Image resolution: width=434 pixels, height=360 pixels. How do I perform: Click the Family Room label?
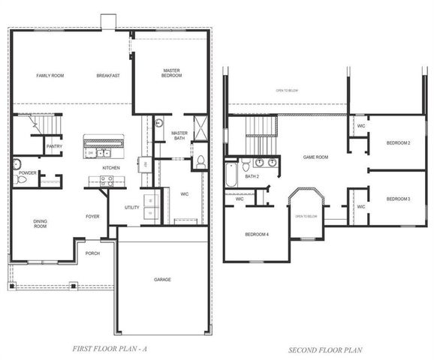[x=50, y=76]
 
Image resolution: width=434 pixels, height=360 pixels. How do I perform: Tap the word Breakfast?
[x=109, y=76]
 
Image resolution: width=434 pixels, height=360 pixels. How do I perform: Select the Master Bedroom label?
[x=171, y=73]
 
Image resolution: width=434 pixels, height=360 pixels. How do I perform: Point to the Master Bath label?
[x=179, y=135]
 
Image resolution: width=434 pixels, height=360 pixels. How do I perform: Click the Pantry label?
[x=54, y=146]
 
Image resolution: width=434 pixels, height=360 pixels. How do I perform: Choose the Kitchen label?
[x=111, y=167]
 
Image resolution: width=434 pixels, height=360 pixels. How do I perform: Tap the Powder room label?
[x=28, y=173]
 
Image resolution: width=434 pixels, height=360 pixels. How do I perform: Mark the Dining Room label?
[x=41, y=223]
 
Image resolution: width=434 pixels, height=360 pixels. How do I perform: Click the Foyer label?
[x=92, y=217]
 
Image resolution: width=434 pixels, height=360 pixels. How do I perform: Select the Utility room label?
[x=133, y=208]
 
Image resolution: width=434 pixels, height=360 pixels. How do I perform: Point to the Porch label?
[x=92, y=253]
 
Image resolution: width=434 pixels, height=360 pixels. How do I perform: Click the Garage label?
[x=163, y=280]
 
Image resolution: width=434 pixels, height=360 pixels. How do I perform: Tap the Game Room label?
[x=315, y=157]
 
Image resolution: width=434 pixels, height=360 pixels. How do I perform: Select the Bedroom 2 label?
[x=398, y=142]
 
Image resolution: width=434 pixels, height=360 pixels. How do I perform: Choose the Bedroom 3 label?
[x=398, y=199]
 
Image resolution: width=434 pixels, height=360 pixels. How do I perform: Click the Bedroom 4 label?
[x=257, y=235]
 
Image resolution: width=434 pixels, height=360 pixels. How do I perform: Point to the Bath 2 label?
[x=252, y=176]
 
